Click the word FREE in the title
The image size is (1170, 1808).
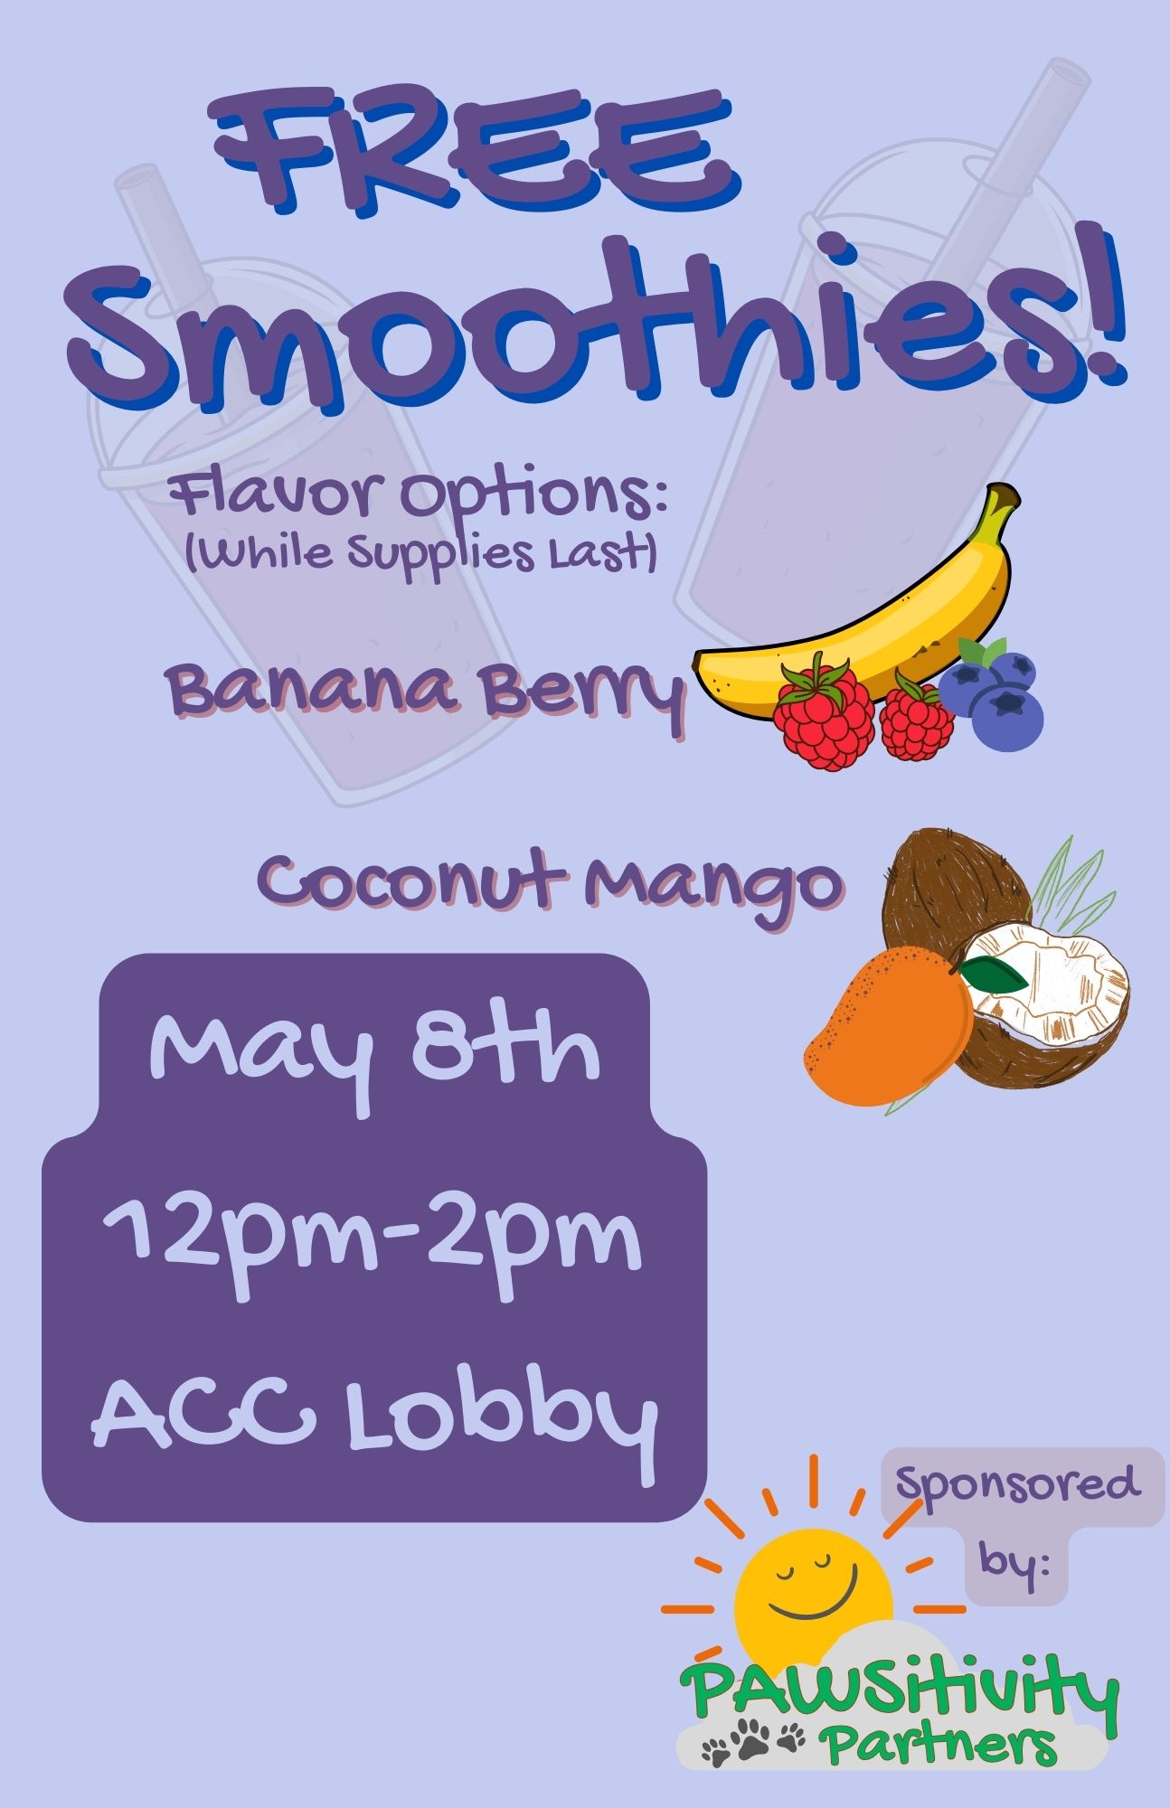[473, 154]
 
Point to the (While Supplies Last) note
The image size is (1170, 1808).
[420, 552]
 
